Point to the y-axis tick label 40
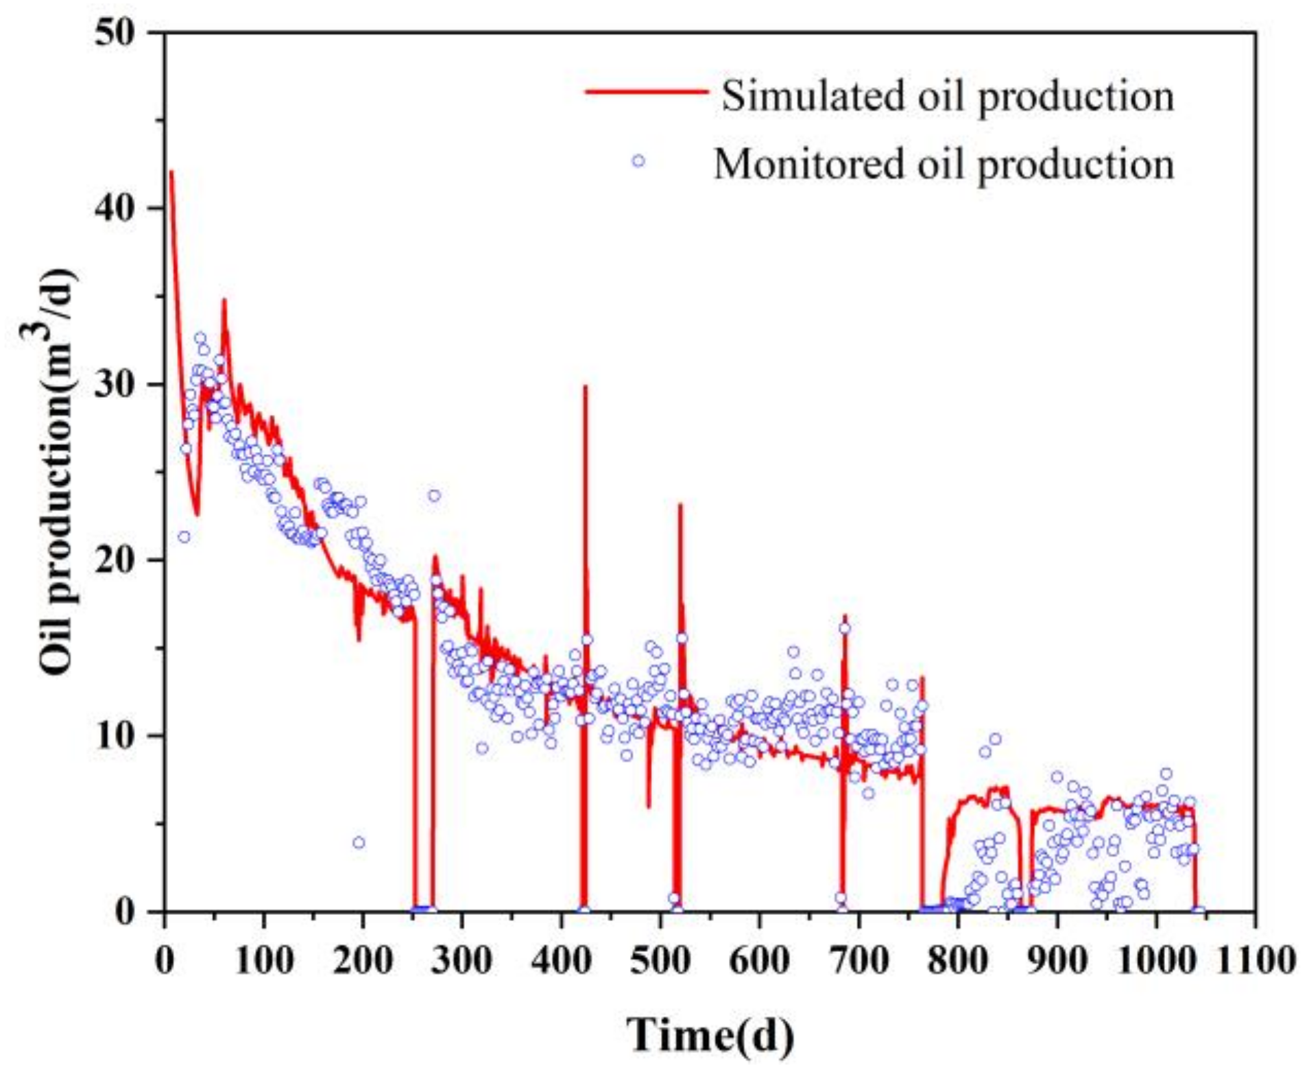coord(118,209)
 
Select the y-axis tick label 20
coord(118,561)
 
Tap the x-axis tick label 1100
coord(1254,960)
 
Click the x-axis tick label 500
coord(660,960)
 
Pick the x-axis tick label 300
coord(461,960)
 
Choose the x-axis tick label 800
coord(957,960)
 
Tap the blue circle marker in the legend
coord(638,161)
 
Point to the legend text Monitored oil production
coord(944,165)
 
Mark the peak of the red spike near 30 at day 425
coord(585,387)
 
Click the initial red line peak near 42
coord(171,171)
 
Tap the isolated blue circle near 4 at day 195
coord(359,842)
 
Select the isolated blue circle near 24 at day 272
coord(434,495)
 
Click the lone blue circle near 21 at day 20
coord(184,536)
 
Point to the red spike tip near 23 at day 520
coord(680,505)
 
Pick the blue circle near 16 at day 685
coord(844,628)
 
